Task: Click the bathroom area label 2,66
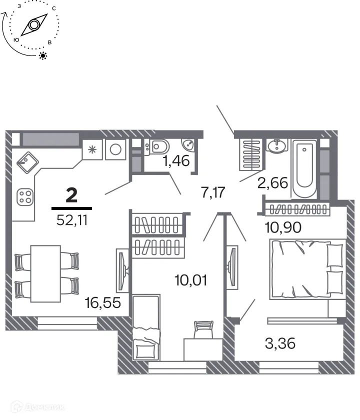pos(272,183)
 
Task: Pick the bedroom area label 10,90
pos(283,227)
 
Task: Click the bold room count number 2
pos(71,195)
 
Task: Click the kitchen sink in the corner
pos(25,161)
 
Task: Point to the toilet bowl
pos(159,146)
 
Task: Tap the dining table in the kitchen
pos(45,273)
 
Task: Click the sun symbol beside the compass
pos(43,55)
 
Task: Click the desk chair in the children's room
pos(202,329)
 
